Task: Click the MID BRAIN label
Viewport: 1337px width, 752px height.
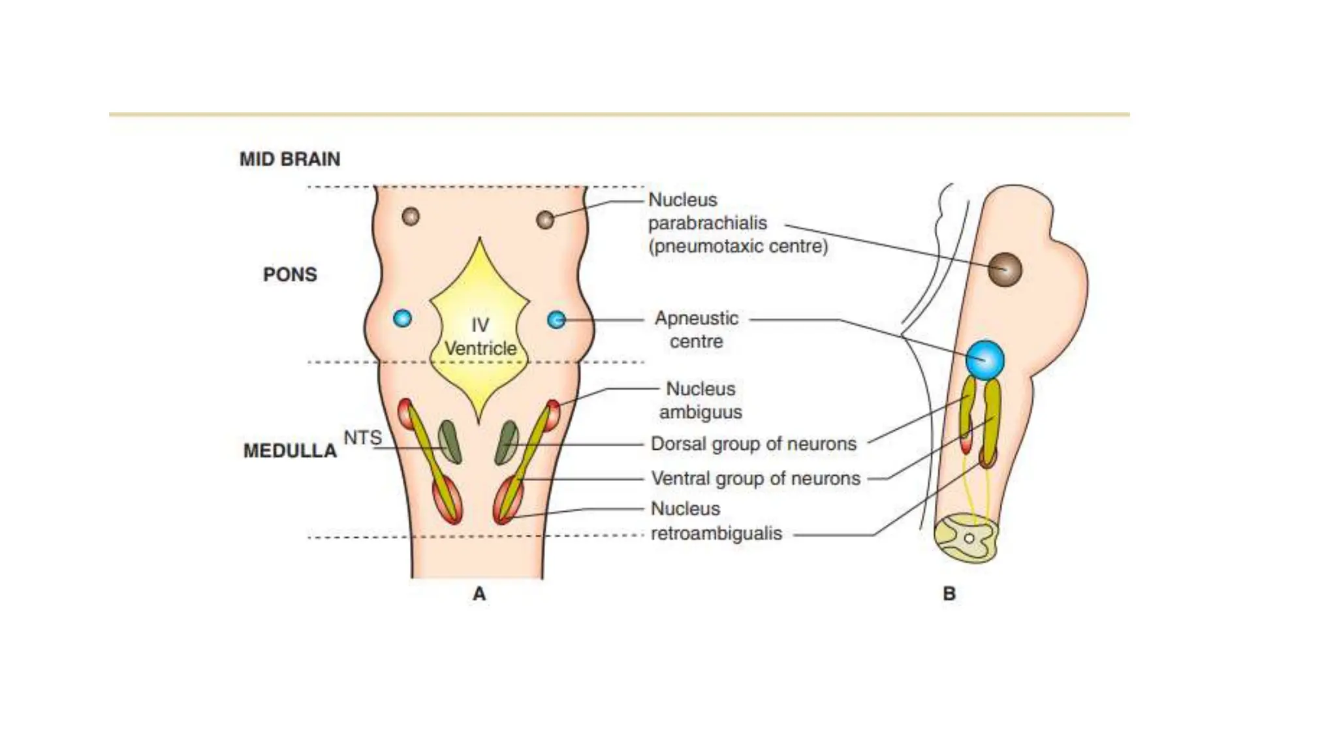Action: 290,159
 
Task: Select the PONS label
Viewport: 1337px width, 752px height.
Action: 290,274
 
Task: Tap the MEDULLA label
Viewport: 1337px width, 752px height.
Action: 290,450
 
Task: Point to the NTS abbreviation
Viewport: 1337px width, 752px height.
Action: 362,437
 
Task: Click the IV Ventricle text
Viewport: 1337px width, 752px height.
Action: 480,337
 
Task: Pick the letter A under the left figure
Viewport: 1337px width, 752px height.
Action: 479,594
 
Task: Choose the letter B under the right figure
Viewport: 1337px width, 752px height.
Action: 949,594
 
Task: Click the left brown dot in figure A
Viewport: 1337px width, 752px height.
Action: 411,216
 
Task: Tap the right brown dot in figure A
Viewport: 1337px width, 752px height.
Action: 545,220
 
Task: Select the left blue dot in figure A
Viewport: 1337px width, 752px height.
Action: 402,319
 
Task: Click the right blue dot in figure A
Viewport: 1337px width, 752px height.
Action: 556,320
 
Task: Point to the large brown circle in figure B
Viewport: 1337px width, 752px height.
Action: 1005,270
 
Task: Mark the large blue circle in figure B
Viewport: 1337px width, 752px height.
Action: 985,360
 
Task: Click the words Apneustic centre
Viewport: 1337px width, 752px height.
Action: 697,330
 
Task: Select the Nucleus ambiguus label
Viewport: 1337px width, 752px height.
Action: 700,400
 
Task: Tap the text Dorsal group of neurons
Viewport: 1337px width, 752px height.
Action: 753,444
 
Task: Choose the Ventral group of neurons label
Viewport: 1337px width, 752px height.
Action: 755,478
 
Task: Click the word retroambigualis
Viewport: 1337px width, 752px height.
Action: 716,533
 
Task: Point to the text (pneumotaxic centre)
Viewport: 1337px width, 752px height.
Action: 738,247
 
